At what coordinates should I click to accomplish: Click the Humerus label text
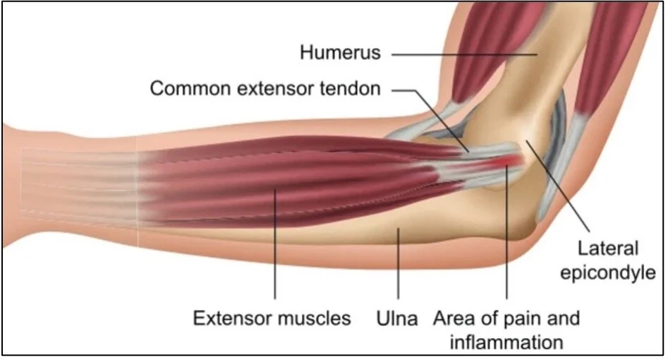pyautogui.click(x=341, y=52)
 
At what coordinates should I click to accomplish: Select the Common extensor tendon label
pyautogui.click(x=265, y=90)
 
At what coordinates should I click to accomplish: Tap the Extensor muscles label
pyautogui.click(x=272, y=318)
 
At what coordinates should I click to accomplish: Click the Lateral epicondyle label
pyautogui.click(x=608, y=260)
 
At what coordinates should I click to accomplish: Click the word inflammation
pyautogui.click(x=506, y=343)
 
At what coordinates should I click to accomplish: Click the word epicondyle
pyautogui.click(x=608, y=273)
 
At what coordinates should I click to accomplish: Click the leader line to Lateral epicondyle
pyautogui.click(x=557, y=184)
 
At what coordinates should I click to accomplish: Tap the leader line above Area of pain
pyautogui.click(x=507, y=240)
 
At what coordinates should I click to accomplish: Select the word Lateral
pyautogui.click(x=608, y=248)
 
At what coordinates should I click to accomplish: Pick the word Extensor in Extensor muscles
pyautogui.click(x=230, y=318)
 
